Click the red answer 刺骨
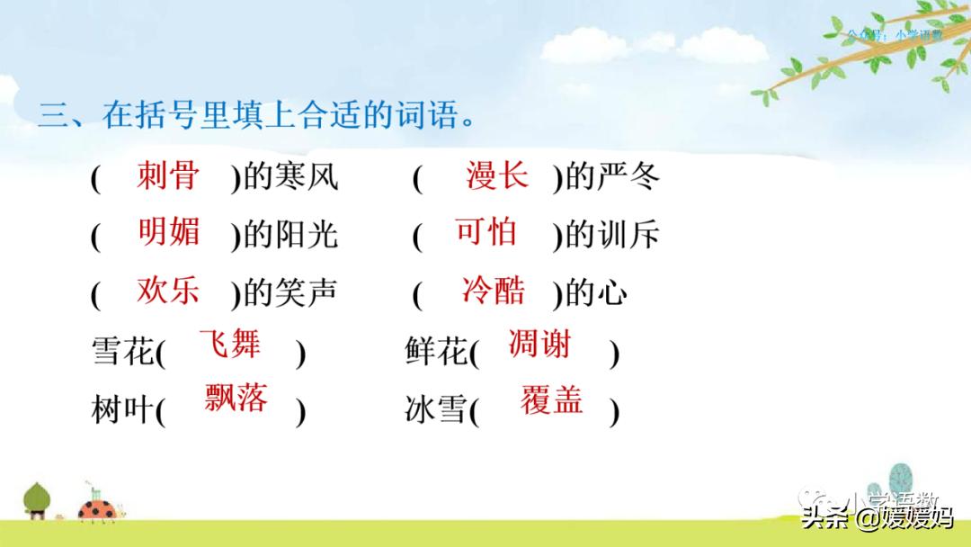pyautogui.click(x=168, y=175)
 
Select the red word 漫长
pyautogui.click(x=497, y=175)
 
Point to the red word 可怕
pyautogui.click(x=486, y=232)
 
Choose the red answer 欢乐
pyautogui.click(x=168, y=291)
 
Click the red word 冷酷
pyautogui.click(x=494, y=291)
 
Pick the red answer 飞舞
pyautogui.click(x=229, y=345)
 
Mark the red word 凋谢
pyautogui.click(x=539, y=345)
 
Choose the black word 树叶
pyautogui.click(x=123, y=410)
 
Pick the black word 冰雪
pyautogui.click(x=437, y=410)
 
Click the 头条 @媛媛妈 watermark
pyautogui.click(x=877, y=518)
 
